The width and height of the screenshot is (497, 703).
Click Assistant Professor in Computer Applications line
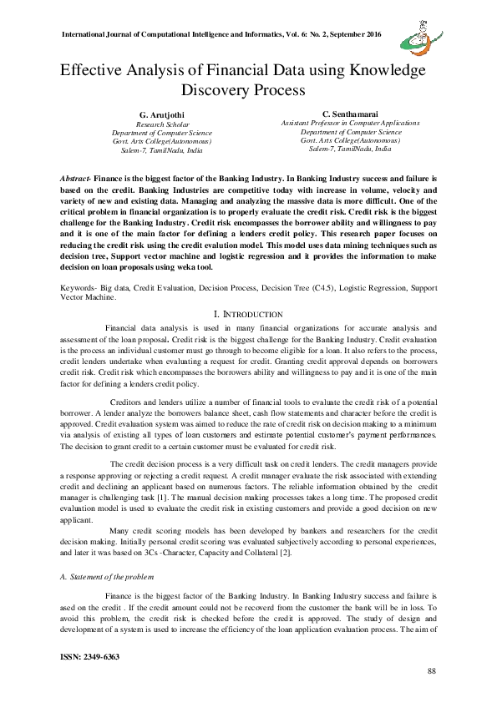click(350, 123)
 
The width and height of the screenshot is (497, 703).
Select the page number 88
click(431, 670)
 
